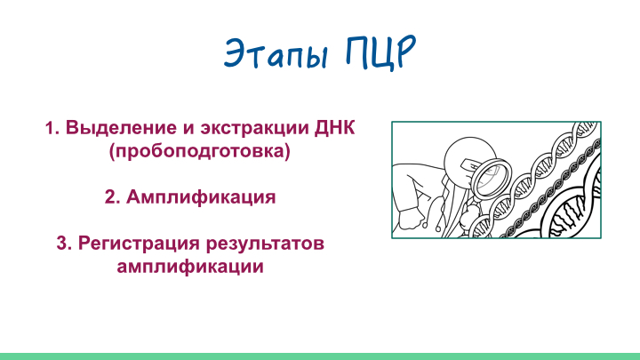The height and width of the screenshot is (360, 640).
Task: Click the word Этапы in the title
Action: pos(276,54)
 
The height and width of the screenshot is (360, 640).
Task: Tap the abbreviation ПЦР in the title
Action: pos(381,52)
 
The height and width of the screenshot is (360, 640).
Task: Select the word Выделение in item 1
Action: pos(121,128)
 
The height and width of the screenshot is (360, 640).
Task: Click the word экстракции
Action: pos(255,129)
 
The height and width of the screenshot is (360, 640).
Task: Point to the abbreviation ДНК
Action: pos(335,128)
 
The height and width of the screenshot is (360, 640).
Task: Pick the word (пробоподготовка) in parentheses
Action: pos(200,151)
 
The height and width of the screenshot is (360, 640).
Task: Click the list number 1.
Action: pos(52,128)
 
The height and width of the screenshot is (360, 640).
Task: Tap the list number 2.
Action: pos(112,196)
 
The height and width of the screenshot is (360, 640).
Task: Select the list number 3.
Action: pos(64,244)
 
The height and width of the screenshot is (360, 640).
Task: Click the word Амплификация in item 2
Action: pos(201,197)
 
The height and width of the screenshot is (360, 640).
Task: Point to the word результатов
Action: pos(265,244)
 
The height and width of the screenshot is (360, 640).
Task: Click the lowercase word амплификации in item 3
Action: pos(190,267)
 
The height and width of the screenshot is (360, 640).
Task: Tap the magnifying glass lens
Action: pos(490,179)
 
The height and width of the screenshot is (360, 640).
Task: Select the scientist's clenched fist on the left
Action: pos(411,219)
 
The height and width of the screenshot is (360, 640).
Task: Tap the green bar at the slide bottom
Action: pos(320,356)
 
